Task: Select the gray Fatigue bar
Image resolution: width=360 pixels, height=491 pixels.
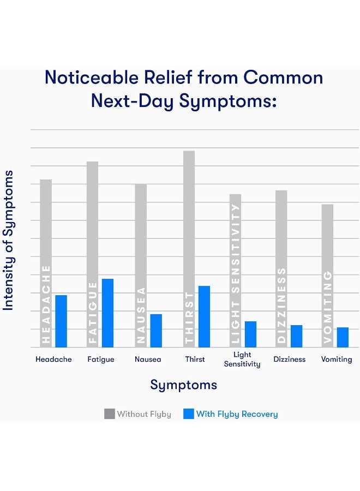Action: (x=93, y=218)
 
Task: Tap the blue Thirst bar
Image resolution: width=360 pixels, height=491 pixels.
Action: (x=204, y=316)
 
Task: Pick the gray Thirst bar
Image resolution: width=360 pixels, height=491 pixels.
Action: (x=189, y=218)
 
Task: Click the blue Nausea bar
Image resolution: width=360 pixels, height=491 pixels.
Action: (x=156, y=331)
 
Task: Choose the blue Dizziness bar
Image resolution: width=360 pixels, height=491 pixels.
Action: (x=296, y=336)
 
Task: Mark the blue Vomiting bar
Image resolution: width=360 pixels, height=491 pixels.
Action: (x=343, y=337)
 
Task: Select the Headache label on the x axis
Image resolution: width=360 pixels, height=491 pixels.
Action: (x=53, y=360)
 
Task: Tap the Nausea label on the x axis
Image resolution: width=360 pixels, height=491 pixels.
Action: (x=148, y=360)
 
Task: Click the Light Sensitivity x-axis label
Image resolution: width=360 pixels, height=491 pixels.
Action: (x=242, y=360)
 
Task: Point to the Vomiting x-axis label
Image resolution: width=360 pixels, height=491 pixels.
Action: (x=337, y=360)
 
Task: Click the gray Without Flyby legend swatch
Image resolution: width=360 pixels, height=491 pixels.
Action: (x=110, y=414)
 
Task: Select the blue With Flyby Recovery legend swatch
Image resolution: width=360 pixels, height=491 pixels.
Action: (x=188, y=414)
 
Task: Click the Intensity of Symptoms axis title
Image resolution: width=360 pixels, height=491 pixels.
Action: (x=8, y=241)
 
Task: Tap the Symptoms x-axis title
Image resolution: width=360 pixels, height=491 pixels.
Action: (x=183, y=385)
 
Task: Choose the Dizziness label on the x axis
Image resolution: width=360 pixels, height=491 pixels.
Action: (x=289, y=360)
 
